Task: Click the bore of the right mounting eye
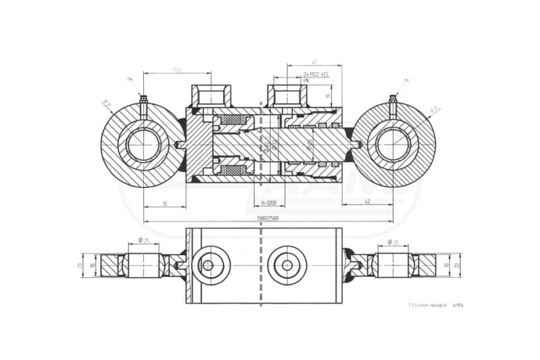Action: (x=393, y=145)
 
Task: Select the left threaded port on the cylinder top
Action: (x=208, y=95)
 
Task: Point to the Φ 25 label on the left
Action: (x=143, y=240)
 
